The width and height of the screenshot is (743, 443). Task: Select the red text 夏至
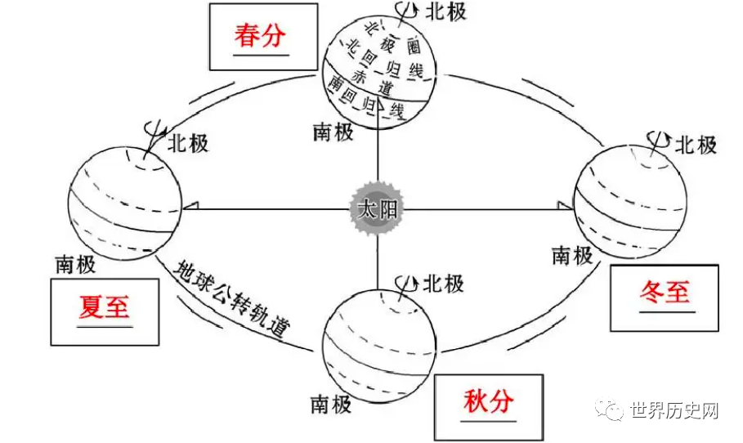coord(105,308)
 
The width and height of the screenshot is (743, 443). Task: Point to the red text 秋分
coord(488,401)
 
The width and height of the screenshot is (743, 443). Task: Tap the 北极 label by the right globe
coord(696,145)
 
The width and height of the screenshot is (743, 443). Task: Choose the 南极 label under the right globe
coord(572,255)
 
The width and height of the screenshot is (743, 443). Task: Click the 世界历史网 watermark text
coord(674,410)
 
